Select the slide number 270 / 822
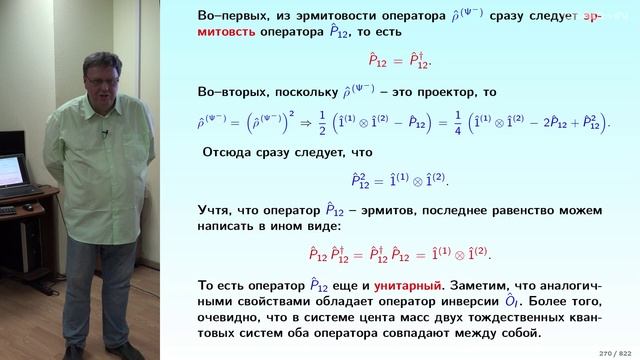click(607, 352)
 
